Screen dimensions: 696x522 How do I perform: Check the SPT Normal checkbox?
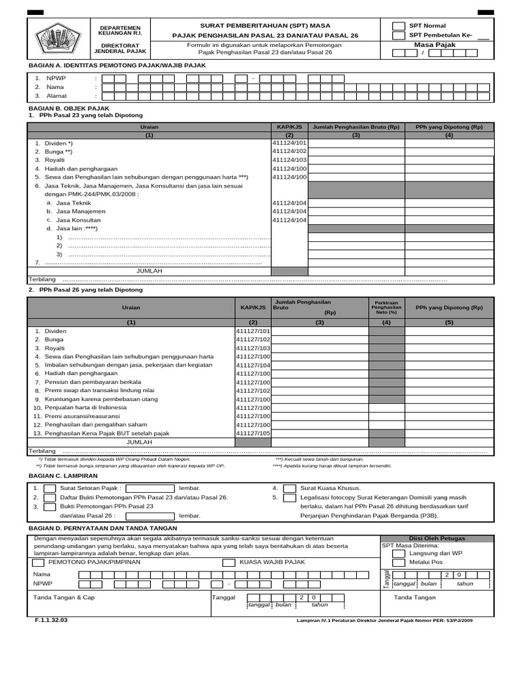(398, 26)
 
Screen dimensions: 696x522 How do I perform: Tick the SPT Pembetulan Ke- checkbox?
(398, 35)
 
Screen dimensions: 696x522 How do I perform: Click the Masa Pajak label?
(434, 45)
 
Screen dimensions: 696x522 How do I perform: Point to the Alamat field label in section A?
(56, 96)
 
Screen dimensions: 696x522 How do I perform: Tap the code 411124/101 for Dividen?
(290, 143)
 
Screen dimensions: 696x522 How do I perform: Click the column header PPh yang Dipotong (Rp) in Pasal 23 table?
(449, 127)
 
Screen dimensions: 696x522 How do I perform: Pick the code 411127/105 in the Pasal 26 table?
(253, 433)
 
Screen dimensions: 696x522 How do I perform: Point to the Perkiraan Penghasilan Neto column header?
(386, 307)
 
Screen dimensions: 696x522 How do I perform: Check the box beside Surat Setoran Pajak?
(49, 488)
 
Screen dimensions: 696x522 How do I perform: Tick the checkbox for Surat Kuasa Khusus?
(290, 488)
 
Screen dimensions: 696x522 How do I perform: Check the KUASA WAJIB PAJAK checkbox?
(228, 562)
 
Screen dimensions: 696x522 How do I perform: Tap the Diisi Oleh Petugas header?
(436, 538)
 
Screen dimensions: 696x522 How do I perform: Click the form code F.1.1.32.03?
(52, 620)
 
